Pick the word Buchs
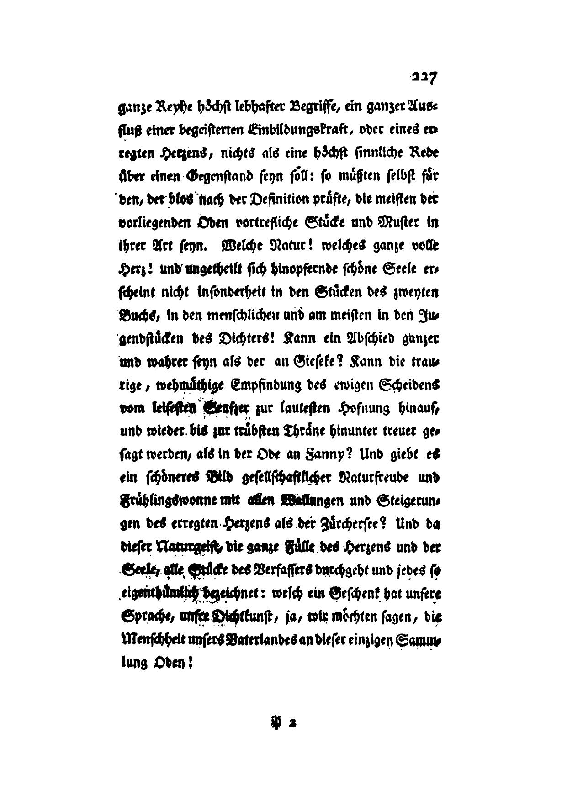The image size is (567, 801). click(132, 316)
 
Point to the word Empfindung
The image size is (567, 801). click(274, 385)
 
